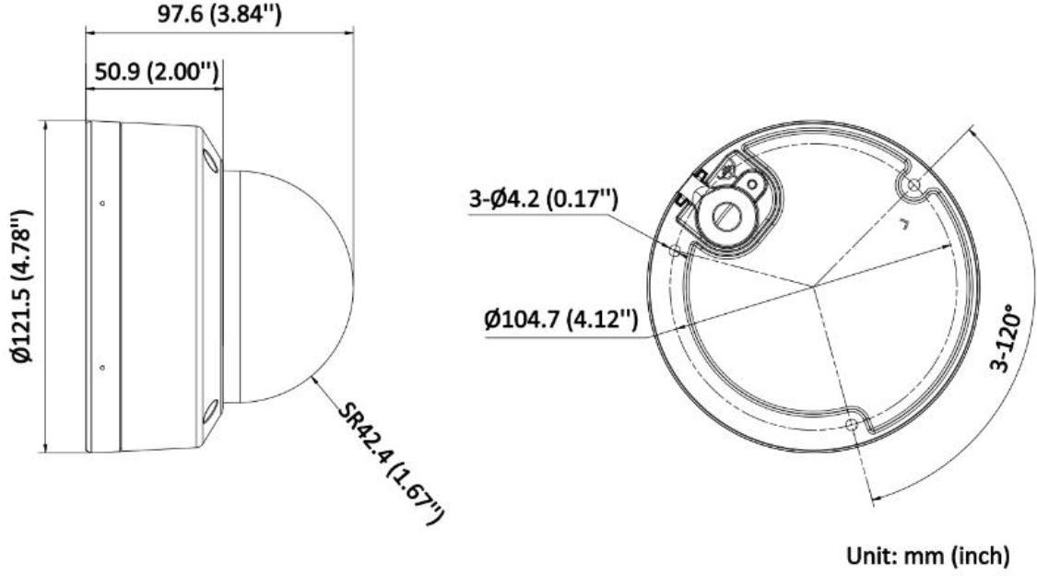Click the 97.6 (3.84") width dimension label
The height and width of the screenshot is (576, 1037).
tap(219, 14)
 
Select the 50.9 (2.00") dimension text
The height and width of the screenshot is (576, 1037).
tap(156, 71)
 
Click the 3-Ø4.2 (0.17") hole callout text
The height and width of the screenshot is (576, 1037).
tap(544, 198)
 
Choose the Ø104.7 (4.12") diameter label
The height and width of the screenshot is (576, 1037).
tap(561, 321)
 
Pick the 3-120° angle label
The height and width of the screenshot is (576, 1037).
tap(1003, 339)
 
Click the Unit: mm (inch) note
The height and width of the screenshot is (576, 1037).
tap(928, 556)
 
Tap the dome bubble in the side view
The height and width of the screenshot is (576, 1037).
tap(289, 287)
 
